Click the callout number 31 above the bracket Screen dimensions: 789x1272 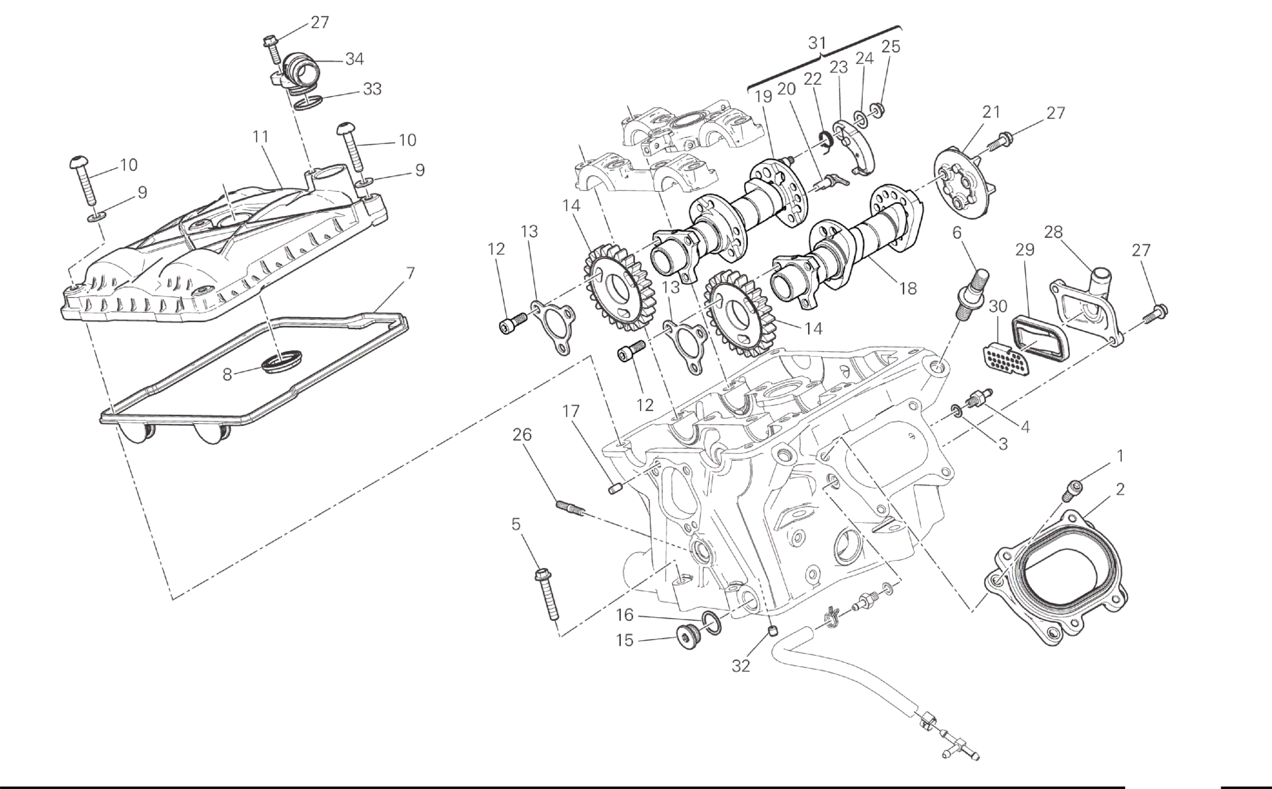coord(817,43)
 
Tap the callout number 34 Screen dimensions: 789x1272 coord(355,60)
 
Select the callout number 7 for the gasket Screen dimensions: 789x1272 coord(410,273)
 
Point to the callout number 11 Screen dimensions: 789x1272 coord(260,136)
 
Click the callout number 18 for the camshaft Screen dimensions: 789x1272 coord(907,288)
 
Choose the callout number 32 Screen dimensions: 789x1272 coord(741,665)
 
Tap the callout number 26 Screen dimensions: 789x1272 coord(522,435)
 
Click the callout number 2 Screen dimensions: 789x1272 coord(1120,490)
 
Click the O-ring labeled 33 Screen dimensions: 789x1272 coord(306,102)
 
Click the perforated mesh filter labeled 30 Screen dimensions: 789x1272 coord(1002,358)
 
